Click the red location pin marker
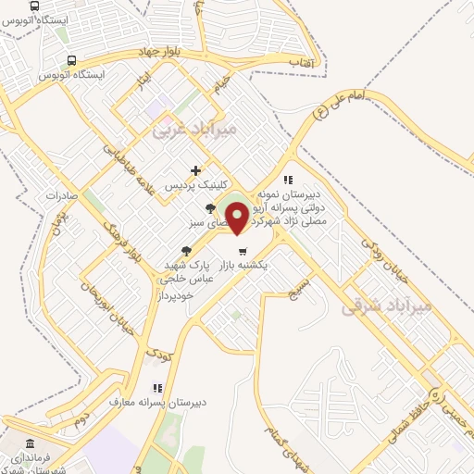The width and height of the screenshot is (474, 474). (x=238, y=218)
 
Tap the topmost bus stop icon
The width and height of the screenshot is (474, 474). (x=35, y=6)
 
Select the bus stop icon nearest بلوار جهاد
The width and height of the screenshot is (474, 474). (x=71, y=60)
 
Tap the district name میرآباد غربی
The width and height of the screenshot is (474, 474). (x=194, y=129)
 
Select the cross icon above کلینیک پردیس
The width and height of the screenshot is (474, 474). (x=195, y=170)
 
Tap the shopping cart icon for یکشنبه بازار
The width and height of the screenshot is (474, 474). (x=243, y=251)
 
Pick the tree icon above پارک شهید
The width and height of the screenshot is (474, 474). (x=187, y=250)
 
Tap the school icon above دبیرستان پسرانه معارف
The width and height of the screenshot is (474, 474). (x=157, y=388)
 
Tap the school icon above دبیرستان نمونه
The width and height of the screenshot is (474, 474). (x=288, y=180)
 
